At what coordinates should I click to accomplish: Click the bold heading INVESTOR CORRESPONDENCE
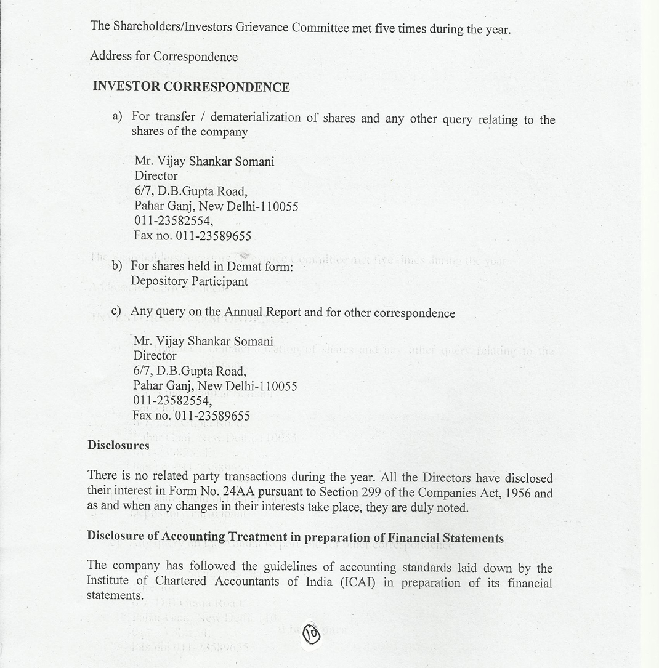(191, 87)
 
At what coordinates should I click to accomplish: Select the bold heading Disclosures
(118, 445)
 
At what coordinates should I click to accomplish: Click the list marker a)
(117, 116)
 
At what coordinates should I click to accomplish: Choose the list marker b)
(117, 266)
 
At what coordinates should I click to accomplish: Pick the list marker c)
(116, 312)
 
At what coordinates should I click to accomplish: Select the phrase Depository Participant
(189, 281)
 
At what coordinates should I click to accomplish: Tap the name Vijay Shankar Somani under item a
(204, 161)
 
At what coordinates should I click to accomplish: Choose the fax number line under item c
(191, 416)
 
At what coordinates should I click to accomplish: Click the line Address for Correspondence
(164, 57)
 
